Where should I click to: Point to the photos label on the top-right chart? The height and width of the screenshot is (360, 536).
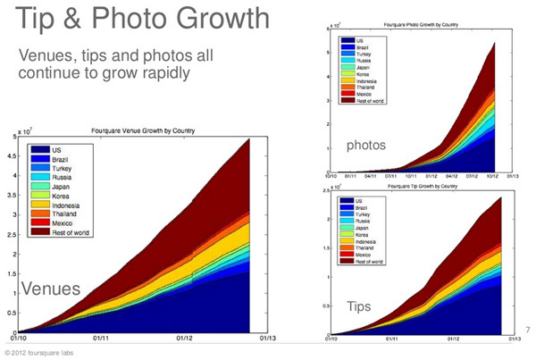coord(369,145)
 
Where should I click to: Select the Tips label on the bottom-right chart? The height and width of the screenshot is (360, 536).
coord(359,306)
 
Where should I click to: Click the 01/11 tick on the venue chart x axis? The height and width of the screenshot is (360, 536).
coord(101,339)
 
